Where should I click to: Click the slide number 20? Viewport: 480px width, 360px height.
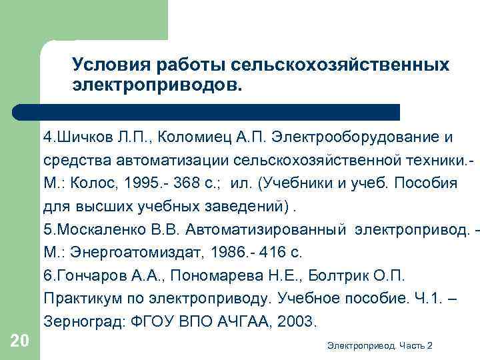(20, 342)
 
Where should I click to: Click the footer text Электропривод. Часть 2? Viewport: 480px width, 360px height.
(381, 345)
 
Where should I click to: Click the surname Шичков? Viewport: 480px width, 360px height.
(80, 137)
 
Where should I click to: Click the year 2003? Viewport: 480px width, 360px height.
(293, 321)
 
